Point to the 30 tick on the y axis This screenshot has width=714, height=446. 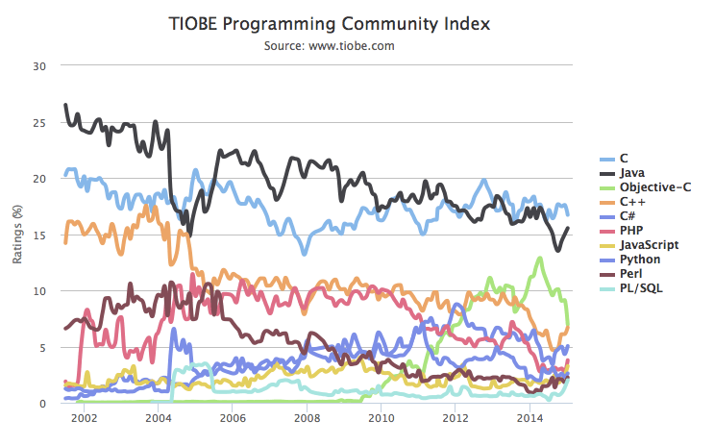[x=38, y=66]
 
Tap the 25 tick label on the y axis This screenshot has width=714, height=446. [x=38, y=122]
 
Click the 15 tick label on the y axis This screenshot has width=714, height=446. [x=38, y=235]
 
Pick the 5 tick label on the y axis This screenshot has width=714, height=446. [x=42, y=347]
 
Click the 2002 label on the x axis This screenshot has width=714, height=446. [x=84, y=418]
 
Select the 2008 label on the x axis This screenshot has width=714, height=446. [x=307, y=418]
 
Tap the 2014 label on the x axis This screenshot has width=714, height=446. [x=529, y=418]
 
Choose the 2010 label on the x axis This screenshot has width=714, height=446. [x=381, y=418]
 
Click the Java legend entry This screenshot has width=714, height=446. [x=632, y=172]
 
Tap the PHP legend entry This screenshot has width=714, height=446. [x=631, y=230]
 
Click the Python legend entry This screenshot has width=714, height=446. [x=638, y=259]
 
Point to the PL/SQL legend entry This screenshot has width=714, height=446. [x=640, y=287]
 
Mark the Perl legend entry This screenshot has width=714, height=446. [x=631, y=273]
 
